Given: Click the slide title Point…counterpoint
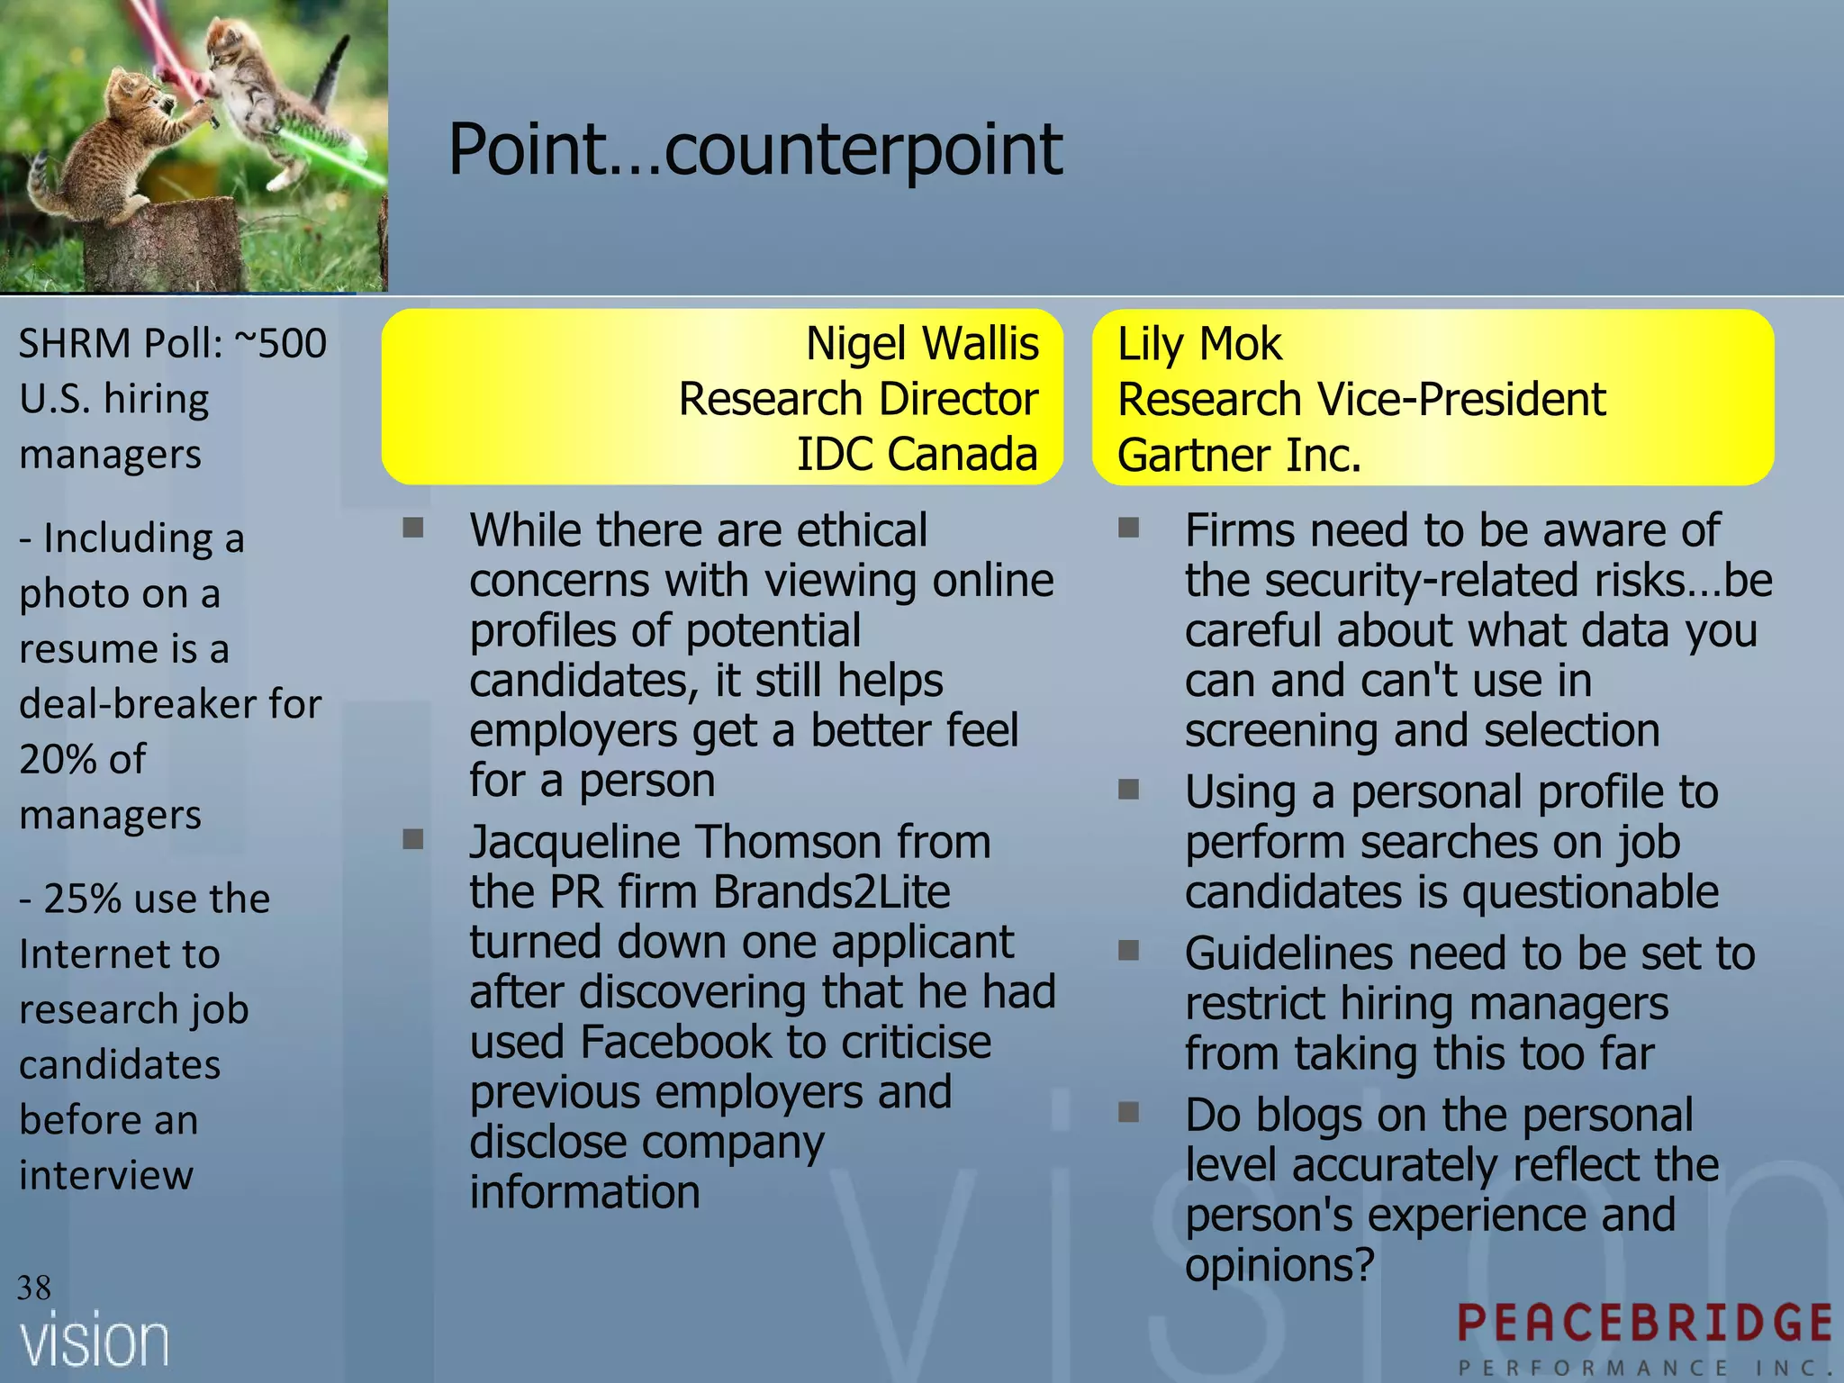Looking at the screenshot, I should (755, 149).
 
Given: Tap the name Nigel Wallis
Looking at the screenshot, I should (922, 344).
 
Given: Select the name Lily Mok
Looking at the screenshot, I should (1199, 344).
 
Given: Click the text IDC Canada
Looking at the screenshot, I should (917, 454).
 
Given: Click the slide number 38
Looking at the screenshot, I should (34, 1288).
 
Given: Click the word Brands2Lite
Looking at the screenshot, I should (831, 892).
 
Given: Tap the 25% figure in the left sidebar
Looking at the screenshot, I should (82, 899).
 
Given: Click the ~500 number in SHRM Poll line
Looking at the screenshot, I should (280, 344).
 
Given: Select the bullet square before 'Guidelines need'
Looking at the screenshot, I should (1129, 951).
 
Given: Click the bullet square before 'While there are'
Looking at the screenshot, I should (413, 528).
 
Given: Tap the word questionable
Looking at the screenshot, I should (1590, 892).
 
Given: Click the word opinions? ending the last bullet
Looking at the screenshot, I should (1279, 1265).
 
